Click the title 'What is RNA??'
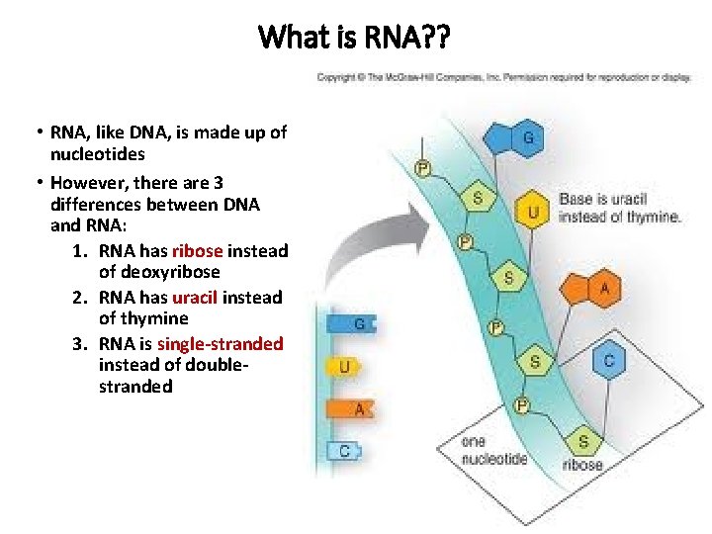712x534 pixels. pyautogui.click(x=354, y=38)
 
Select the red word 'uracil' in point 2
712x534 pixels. pyautogui.click(x=195, y=297)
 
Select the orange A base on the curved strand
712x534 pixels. pyautogui.click(x=602, y=290)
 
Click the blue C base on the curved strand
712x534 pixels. pyautogui.click(x=608, y=361)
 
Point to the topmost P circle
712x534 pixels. pyautogui.click(x=422, y=169)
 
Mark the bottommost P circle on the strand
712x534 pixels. pyautogui.click(x=521, y=404)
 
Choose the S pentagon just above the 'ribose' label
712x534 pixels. pyautogui.click(x=582, y=441)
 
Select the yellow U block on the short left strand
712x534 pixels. pyautogui.click(x=345, y=367)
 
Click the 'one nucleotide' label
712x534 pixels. pyautogui.click(x=493, y=450)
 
